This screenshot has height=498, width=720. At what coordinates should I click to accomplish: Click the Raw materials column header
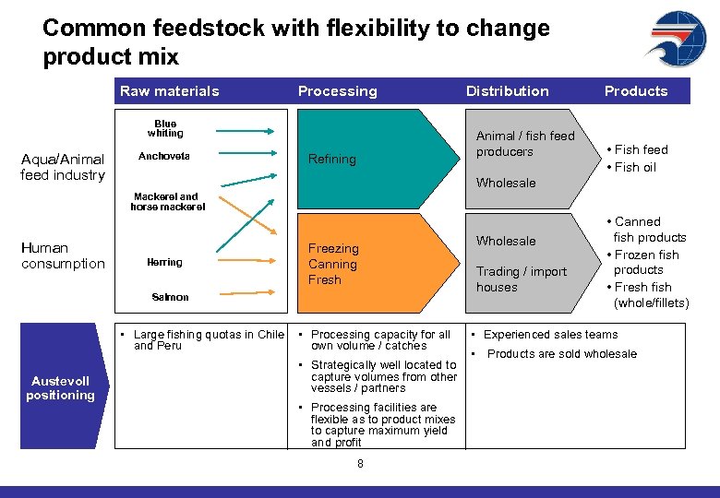(170, 91)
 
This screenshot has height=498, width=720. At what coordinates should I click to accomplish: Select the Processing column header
(337, 91)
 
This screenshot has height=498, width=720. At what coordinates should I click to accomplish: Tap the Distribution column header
(507, 91)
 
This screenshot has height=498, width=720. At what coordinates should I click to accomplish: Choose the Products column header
(635, 91)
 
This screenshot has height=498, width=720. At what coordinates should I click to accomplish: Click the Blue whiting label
(165, 128)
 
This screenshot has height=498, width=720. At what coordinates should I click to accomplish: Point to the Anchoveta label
(164, 157)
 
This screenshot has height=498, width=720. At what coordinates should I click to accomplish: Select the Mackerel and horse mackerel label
(166, 202)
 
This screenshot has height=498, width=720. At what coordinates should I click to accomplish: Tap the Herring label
(165, 263)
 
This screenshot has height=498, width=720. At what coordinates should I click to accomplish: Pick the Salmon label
(170, 297)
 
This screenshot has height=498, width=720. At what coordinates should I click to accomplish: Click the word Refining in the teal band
(332, 160)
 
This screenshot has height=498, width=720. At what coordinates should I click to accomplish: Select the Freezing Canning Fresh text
(333, 264)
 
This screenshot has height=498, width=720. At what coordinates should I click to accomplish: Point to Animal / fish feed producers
(524, 144)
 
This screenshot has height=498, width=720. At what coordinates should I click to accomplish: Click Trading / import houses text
(522, 279)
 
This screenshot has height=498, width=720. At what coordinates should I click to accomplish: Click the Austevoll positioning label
(61, 388)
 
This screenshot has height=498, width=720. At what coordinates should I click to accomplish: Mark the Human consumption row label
(63, 255)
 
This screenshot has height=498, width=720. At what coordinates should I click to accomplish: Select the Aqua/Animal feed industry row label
(63, 167)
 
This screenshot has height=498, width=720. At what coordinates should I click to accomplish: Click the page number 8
(360, 464)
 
